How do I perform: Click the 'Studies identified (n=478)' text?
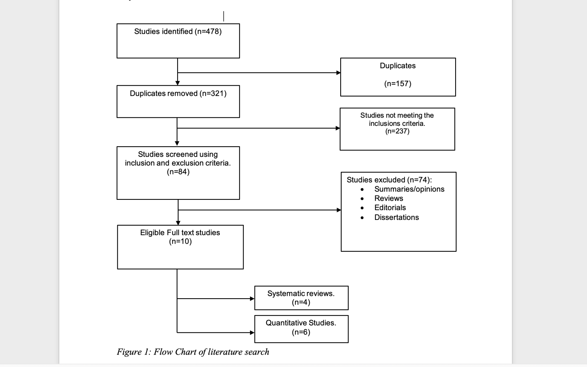178,32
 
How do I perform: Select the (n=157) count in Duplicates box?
398,84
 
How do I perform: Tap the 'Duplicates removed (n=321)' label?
178,93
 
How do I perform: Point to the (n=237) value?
397,131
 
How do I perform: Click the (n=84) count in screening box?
178,172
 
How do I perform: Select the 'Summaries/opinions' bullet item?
409,189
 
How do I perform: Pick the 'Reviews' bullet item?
388,198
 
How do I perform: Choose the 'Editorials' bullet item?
390,208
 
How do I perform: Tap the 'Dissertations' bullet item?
396,217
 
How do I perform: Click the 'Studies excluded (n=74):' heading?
389,180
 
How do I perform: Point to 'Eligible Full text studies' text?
180,233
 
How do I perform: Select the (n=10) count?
180,241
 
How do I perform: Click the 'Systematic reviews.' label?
301,294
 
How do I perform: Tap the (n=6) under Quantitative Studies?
301,332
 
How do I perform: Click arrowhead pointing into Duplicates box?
338,73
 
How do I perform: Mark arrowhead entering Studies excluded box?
339,210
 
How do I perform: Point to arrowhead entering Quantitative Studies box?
252,333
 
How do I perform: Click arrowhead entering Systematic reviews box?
252,299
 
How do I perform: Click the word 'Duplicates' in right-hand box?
398,66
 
